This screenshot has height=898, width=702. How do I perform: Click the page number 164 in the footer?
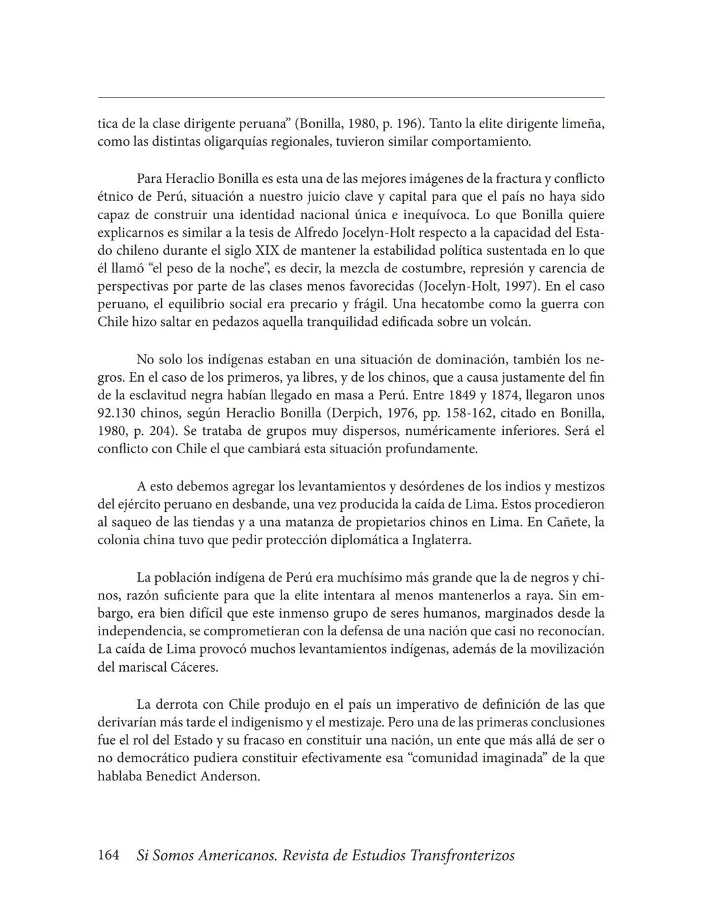point(108,855)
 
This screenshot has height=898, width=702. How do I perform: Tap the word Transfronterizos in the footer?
point(462,855)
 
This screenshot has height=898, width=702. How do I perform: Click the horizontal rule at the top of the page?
point(351,98)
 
